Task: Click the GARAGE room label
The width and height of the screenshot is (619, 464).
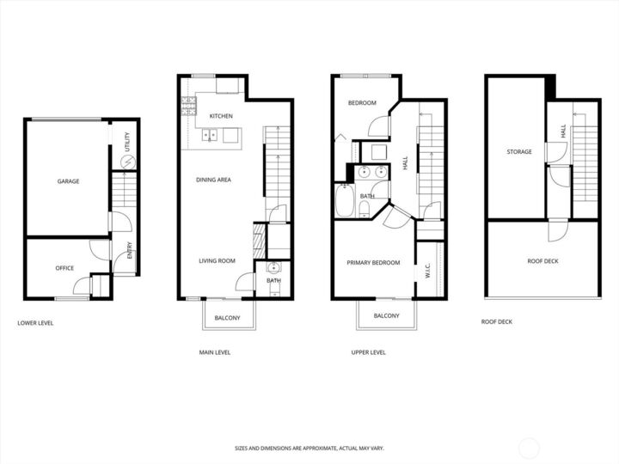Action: (69, 181)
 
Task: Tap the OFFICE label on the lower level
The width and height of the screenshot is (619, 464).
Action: (64, 268)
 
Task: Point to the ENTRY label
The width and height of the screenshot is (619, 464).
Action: (130, 251)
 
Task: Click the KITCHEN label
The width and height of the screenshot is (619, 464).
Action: (221, 116)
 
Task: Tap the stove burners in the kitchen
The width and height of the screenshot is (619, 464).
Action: (188, 107)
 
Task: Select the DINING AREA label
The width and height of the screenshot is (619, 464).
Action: (213, 180)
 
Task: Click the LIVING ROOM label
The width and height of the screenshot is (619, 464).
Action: (217, 261)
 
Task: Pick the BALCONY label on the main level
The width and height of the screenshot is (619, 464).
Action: (228, 318)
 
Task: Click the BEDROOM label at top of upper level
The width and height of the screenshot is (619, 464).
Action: (362, 103)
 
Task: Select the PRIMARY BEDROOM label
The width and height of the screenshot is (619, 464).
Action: (373, 263)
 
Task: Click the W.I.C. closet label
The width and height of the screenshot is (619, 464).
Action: (427, 272)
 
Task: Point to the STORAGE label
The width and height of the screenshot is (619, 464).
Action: (518, 152)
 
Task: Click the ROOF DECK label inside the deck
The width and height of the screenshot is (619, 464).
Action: (542, 261)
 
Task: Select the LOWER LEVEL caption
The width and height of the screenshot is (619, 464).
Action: (36, 323)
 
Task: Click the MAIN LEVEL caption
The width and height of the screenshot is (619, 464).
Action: (214, 352)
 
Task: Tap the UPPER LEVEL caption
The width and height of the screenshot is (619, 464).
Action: (368, 352)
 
